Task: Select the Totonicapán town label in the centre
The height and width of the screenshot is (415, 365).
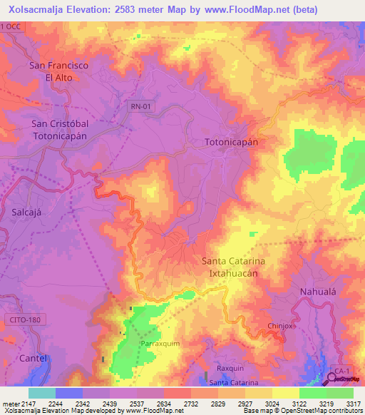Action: pos(231,142)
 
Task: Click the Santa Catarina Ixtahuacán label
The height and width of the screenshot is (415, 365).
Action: pos(234,267)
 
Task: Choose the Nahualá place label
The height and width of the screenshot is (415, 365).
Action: pos(316,292)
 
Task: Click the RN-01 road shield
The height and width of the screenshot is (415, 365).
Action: pos(141,106)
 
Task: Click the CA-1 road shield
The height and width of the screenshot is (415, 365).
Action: pos(342,372)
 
